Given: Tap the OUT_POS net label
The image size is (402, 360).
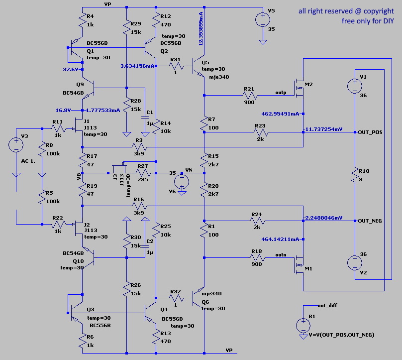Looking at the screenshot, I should tap(370, 132).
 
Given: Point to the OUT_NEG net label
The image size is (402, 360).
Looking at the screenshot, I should tap(370, 220).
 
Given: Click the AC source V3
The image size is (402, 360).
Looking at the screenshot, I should tap(16, 145).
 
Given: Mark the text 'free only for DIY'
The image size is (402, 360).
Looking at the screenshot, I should tap(367, 21).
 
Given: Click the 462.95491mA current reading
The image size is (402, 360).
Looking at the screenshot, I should tap(280, 114).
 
